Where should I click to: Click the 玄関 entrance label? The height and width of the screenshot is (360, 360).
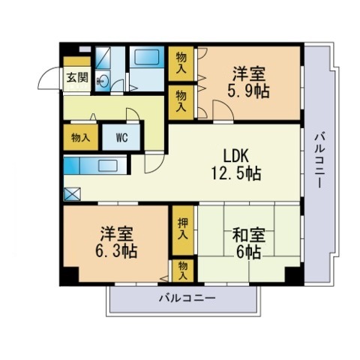tap(77, 77)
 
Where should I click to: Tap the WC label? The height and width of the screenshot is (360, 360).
tap(121, 137)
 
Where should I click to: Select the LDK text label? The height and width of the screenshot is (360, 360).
tap(235, 156)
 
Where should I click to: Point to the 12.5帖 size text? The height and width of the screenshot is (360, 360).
tap(236, 173)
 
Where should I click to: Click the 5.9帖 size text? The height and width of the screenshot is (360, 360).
tap(248, 91)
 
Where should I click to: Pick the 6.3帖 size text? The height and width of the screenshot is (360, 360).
tap(116, 251)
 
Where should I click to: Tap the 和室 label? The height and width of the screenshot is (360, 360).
tap(248, 235)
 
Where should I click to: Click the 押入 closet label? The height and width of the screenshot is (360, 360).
tap(183, 229)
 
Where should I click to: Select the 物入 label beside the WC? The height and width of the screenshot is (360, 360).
tap(80, 137)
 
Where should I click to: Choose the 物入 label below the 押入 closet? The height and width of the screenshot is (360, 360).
tap(183, 271)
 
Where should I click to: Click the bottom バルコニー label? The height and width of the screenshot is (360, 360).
tap(187, 298)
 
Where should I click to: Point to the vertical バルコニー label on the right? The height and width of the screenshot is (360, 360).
tap(319, 160)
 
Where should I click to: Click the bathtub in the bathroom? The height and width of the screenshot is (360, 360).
tap(147, 57)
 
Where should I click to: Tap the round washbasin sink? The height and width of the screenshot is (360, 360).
tap(103, 80)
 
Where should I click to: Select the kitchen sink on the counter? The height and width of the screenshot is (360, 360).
tap(108, 166)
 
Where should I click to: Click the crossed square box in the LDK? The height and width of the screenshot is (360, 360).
tap(72, 194)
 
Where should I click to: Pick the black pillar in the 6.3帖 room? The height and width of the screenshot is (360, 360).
tap(69, 276)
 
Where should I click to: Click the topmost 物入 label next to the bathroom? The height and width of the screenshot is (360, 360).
tap(181, 63)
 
